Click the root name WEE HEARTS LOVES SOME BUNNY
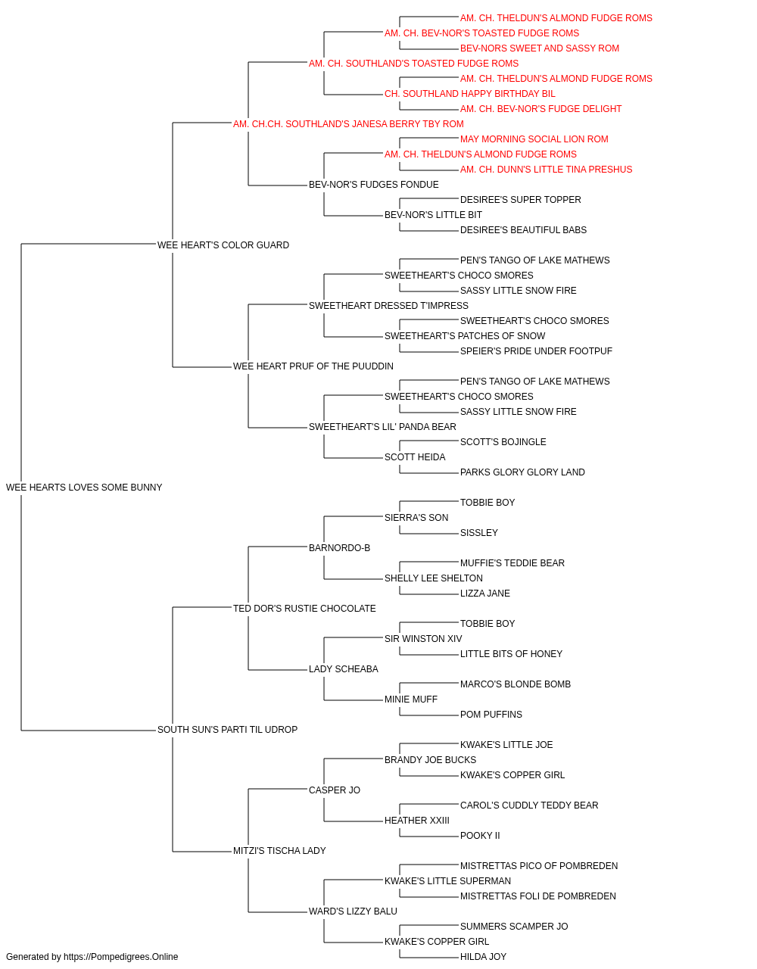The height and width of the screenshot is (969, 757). coord(84,488)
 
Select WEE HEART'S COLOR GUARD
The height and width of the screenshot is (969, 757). coord(223,245)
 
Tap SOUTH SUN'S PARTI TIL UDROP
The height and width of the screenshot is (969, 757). coord(227,730)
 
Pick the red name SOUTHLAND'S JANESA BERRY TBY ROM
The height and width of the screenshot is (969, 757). coord(348,124)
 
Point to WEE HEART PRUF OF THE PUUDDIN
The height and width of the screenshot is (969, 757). coord(313,366)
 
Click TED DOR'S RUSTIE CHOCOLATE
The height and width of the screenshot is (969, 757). coord(304,608)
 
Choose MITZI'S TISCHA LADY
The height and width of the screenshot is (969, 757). coord(279,851)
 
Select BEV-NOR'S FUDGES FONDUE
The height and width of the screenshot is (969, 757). coord(374,185)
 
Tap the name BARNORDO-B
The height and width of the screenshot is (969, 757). coord(339,547)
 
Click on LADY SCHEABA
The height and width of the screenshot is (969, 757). coord(343,669)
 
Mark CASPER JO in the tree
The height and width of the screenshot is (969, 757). coord(335,790)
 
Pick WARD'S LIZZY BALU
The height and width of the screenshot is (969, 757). coord(353,911)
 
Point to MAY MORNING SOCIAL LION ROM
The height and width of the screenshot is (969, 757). coord(534,139)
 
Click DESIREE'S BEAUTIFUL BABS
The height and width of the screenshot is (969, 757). coord(523,230)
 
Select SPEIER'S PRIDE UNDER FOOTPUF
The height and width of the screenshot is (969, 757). coord(536,351)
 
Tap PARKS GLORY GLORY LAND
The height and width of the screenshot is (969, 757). coord(522,472)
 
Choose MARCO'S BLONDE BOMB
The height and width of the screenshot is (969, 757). coord(516,684)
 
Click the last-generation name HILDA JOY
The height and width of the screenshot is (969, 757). coord(483,957)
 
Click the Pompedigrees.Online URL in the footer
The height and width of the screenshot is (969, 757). coord(121,957)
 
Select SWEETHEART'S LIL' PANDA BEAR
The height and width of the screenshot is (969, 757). coord(382,427)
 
